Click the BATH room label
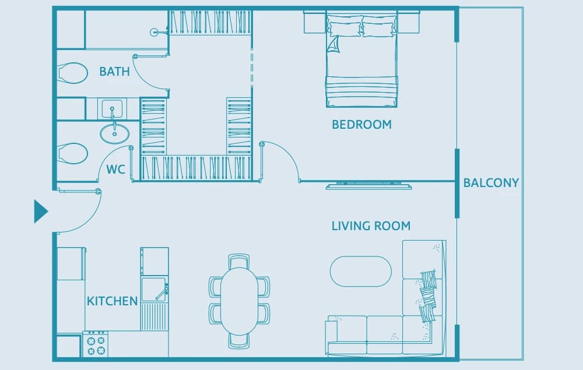point(114,71)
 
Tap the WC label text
point(115,170)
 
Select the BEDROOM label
point(362,125)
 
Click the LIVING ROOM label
point(371,226)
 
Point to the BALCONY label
point(491,183)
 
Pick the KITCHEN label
point(113,301)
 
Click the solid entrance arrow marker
point(41,212)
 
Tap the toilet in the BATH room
point(72,73)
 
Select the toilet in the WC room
point(72,153)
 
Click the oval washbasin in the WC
point(114,134)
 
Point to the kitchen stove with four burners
point(96,344)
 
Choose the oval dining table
point(240,301)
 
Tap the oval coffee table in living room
point(361,271)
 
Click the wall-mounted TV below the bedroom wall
point(369,186)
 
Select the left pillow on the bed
point(345,29)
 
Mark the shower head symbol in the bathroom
point(154,32)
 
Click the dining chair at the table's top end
point(239,261)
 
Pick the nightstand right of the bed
point(409,22)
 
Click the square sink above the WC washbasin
point(112,108)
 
